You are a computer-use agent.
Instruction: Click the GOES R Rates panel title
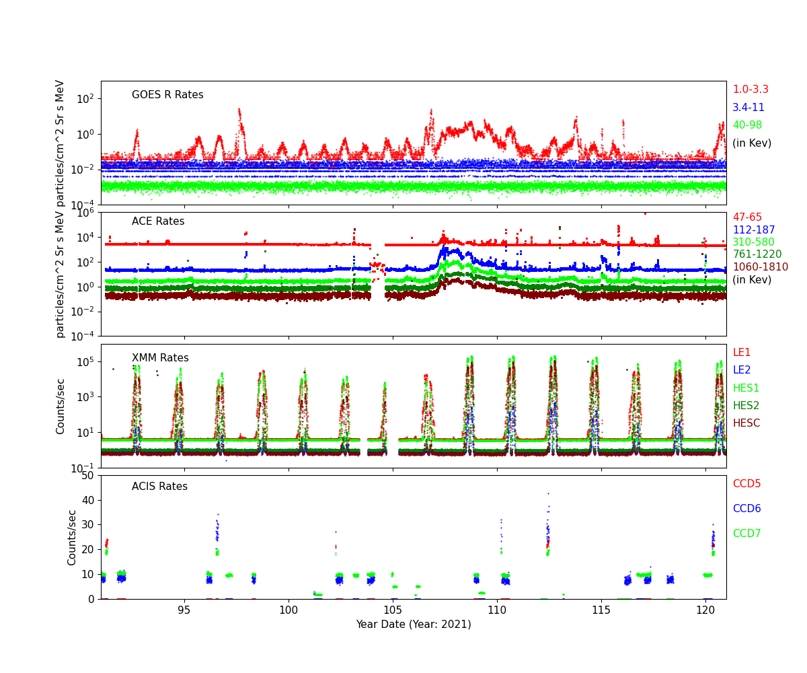(167, 95)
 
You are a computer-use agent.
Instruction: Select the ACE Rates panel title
(158, 221)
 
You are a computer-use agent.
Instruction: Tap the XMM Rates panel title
(160, 358)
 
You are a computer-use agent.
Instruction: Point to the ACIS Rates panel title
(159, 487)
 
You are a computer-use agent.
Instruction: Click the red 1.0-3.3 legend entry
(751, 90)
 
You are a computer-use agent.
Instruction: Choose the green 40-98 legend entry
(747, 125)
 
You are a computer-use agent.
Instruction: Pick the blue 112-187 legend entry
(754, 230)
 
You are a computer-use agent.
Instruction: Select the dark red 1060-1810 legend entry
(760, 267)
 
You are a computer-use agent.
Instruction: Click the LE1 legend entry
(742, 353)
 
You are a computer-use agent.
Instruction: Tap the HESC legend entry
(746, 423)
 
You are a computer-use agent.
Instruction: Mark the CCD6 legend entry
(746, 509)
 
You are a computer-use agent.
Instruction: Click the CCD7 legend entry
(746, 534)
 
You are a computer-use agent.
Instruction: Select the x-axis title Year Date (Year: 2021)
(414, 625)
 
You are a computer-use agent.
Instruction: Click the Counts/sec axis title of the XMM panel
(61, 406)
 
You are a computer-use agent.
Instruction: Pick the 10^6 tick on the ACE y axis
(86, 213)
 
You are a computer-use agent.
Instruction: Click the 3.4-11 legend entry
(748, 108)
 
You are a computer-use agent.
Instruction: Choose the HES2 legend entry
(746, 406)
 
